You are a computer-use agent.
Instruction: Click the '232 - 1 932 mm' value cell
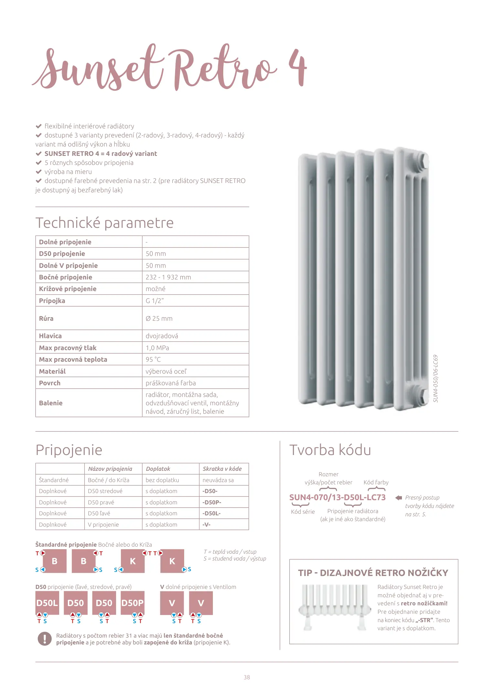click(168, 277)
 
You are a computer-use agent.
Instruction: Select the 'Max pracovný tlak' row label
click(68, 348)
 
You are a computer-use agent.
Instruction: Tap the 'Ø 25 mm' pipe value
click(159, 318)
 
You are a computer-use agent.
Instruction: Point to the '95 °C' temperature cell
click(153, 359)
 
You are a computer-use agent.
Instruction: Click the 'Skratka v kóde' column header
click(222, 469)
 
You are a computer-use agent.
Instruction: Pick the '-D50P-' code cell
click(212, 502)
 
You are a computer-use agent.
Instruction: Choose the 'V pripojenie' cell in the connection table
click(103, 524)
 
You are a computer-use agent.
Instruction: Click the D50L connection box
click(47, 603)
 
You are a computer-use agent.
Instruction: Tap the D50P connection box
click(132, 603)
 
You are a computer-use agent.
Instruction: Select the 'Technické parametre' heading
click(104, 223)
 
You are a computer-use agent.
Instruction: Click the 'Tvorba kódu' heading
click(330, 450)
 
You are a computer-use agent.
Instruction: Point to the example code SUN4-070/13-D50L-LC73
click(337, 497)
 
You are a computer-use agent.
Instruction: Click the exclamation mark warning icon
click(45, 639)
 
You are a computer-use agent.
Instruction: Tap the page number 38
click(247, 677)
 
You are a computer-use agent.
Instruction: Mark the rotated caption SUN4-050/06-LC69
click(436, 379)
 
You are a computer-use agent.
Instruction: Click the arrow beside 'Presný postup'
click(399, 498)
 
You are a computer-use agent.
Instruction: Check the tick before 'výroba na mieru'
click(39, 172)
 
